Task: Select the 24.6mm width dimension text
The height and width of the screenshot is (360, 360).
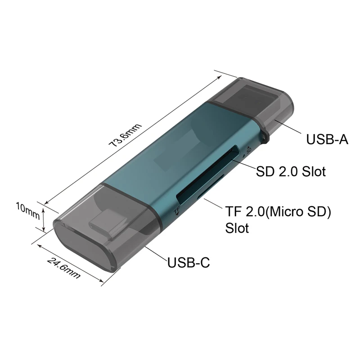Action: [x=64, y=267]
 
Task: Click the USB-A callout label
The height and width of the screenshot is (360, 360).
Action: [x=327, y=139]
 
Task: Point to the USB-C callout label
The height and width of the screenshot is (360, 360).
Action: [x=189, y=262]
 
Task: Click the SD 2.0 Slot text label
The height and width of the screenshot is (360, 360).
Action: [x=291, y=171]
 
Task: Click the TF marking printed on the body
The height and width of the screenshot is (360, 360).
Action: [x=177, y=209]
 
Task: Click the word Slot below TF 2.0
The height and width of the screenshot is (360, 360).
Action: [x=237, y=228]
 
